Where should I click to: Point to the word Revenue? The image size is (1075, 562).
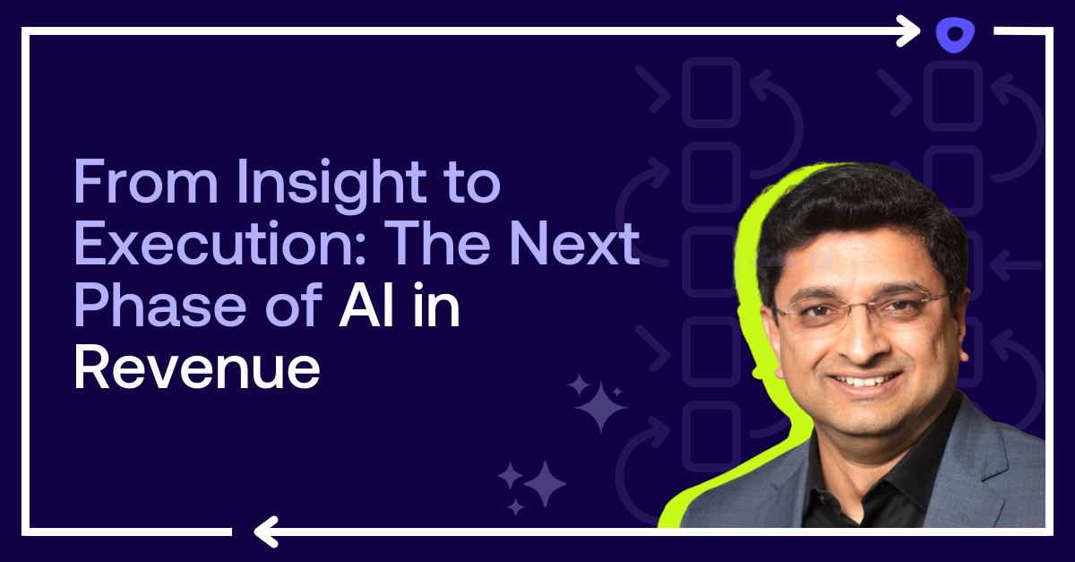(x=196, y=366)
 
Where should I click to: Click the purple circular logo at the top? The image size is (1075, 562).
(x=953, y=35)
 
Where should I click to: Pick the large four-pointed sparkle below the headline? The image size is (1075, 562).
(x=599, y=408)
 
